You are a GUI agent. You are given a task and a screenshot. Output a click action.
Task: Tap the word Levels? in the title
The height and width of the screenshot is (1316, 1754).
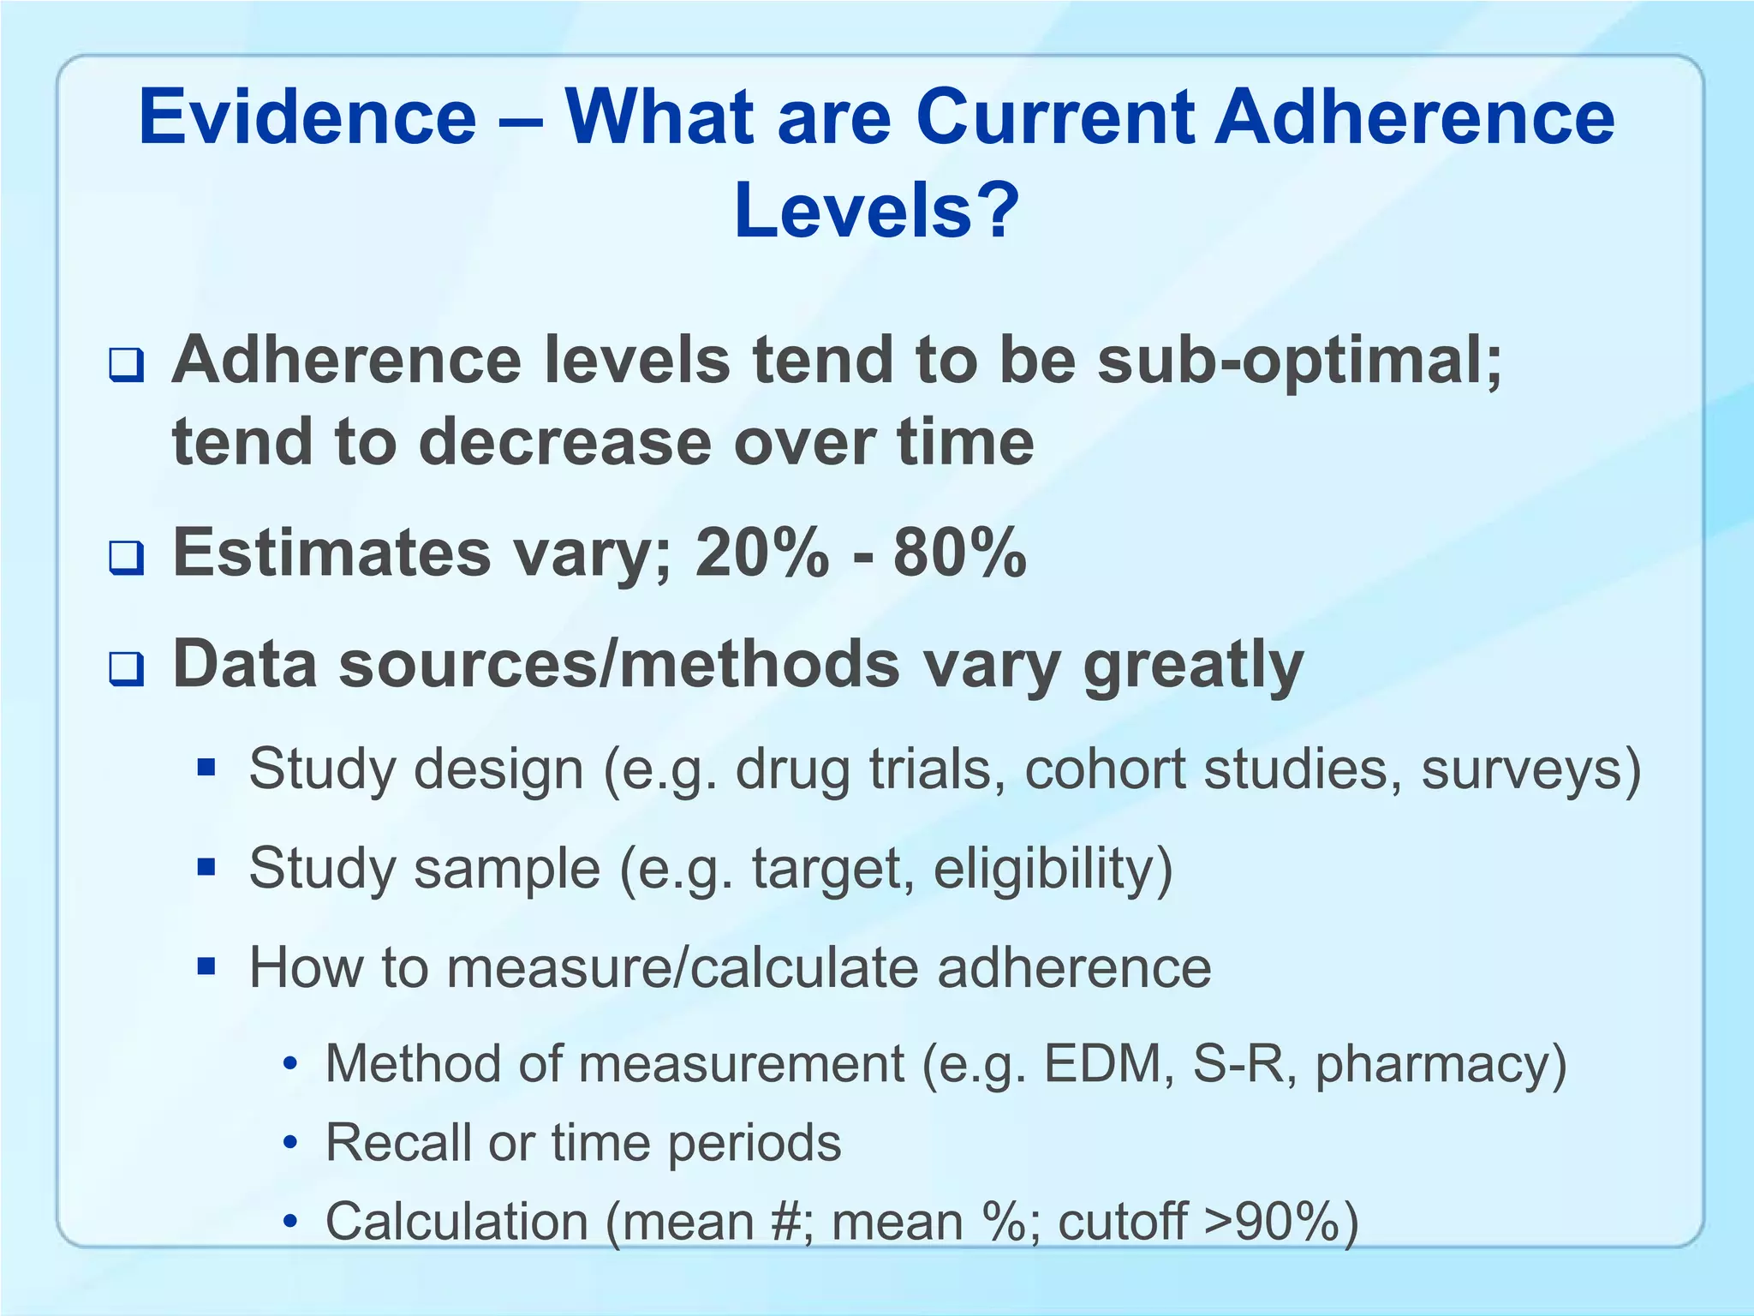tap(876, 211)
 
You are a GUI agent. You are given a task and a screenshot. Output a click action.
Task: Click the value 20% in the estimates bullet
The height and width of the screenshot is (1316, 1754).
tap(762, 553)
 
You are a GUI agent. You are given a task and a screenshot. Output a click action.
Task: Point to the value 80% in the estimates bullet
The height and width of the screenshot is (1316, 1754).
tap(959, 553)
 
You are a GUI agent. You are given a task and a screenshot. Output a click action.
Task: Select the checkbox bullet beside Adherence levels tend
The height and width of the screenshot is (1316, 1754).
tap(126, 367)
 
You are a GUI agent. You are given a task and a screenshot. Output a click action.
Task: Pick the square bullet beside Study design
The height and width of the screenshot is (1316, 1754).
tap(206, 768)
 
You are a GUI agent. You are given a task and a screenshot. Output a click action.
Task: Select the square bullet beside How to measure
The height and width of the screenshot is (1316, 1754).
tap(206, 966)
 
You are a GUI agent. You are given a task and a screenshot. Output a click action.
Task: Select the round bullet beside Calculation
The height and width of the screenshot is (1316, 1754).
tap(292, 1223)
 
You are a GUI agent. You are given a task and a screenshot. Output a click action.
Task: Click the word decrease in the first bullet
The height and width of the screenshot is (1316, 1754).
tap(565, 443)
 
